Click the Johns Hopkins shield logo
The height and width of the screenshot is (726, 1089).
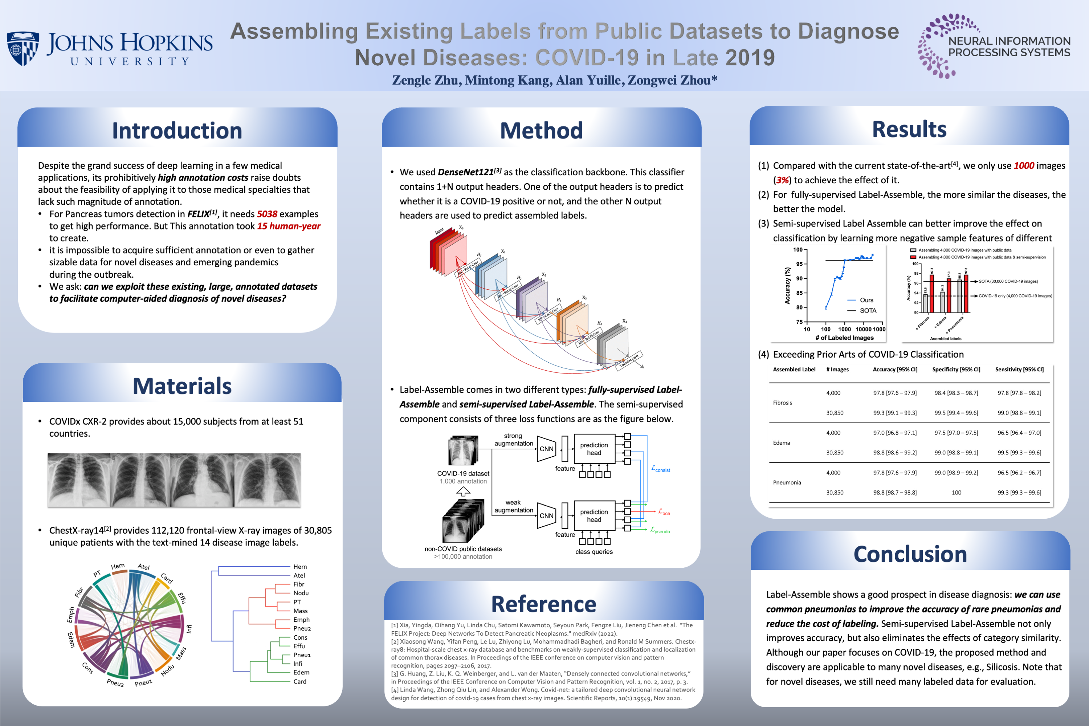(x=22, y=48)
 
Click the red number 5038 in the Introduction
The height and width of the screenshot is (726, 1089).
(x=267, y=214)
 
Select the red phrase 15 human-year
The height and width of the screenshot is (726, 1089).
(x=289, y=226)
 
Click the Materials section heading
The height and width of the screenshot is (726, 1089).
(x=182, y=386)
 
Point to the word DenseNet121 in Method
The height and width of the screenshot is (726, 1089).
(x=466, y=172)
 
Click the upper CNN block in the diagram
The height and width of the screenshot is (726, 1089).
(x=546, y=449)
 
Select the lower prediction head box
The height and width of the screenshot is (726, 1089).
(x=594, y=515)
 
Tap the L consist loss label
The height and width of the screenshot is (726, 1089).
(x=661, y=469)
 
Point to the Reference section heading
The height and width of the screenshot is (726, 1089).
(x=543, y=604)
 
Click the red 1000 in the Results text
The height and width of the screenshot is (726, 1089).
(x=1024, y=166)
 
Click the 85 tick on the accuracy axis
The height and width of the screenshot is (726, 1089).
(x=800, y=293)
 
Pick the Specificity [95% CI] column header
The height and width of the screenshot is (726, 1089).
(x=956, y=370)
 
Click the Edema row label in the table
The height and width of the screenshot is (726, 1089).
(x=782, y=442)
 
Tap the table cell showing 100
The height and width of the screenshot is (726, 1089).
(x=957, y=493)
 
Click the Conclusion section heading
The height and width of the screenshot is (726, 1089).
(x=910, y=554)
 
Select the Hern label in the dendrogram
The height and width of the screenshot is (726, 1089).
(x=300, y=567)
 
